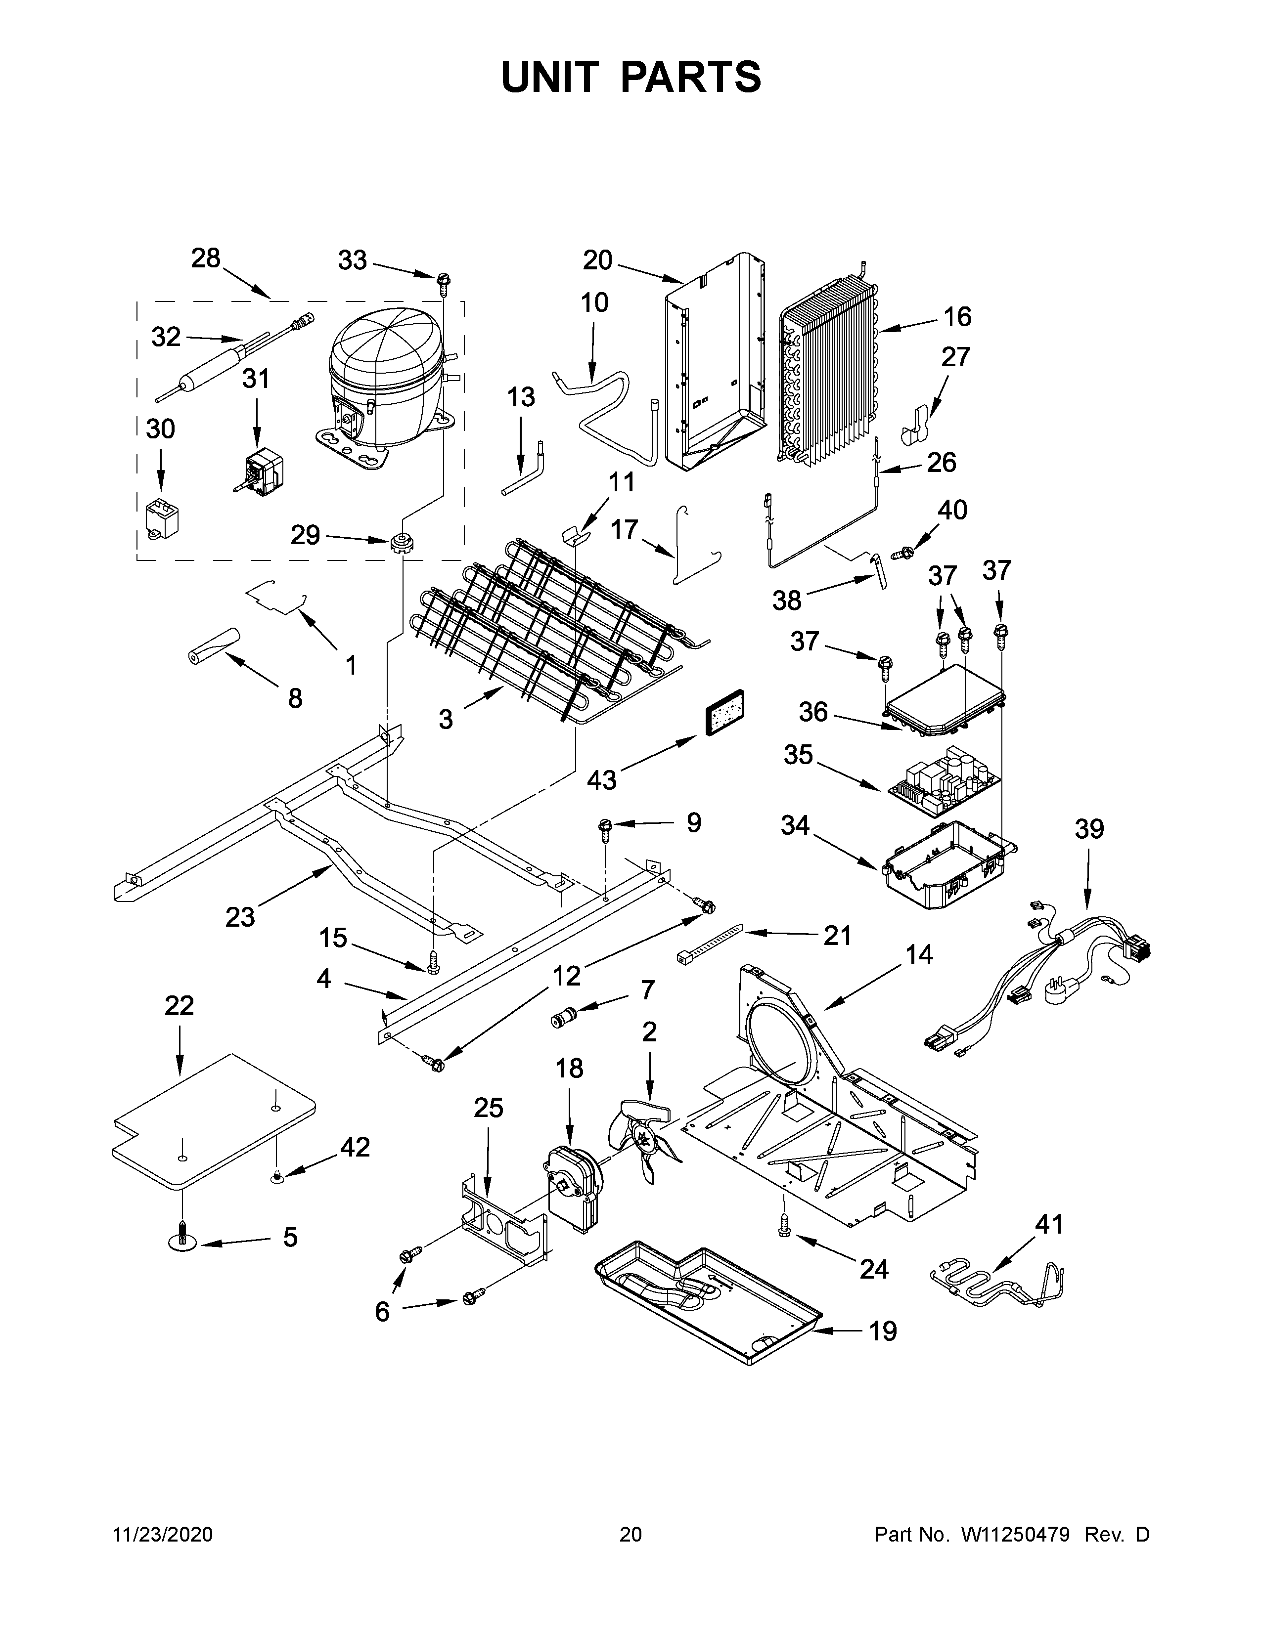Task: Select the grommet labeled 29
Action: (403, 541)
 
